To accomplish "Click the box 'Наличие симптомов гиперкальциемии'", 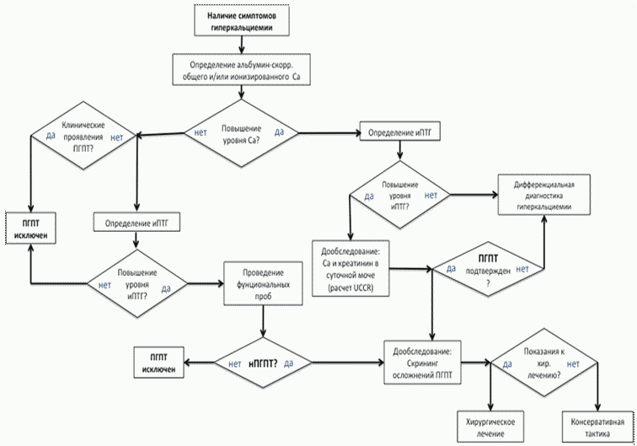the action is (242, 20).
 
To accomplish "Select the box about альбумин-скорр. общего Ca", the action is (241, 70).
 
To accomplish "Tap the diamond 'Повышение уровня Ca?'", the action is (241, 133).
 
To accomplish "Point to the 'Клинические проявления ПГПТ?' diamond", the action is (83, 136).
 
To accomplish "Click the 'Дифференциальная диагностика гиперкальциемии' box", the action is (544, 195).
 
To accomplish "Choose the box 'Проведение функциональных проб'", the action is (263, 283).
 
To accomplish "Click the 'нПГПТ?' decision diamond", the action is (263, 363).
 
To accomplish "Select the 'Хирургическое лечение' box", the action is (490, 427).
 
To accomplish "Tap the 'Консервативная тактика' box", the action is (597, 427).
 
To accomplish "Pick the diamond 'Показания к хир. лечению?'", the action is (544, 363).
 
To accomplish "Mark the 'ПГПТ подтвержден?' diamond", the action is (488, 269).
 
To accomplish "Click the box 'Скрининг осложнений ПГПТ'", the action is (422, 363).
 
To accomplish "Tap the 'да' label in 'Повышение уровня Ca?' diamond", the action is (279, 132).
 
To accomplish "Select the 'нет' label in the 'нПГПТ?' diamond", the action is (235, 363).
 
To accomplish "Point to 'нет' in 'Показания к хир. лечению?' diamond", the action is (573, 364).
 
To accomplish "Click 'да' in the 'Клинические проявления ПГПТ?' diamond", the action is (51, 135).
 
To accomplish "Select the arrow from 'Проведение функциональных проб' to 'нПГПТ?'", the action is (263, 321).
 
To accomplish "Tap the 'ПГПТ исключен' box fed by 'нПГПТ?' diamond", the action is (159, 363).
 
